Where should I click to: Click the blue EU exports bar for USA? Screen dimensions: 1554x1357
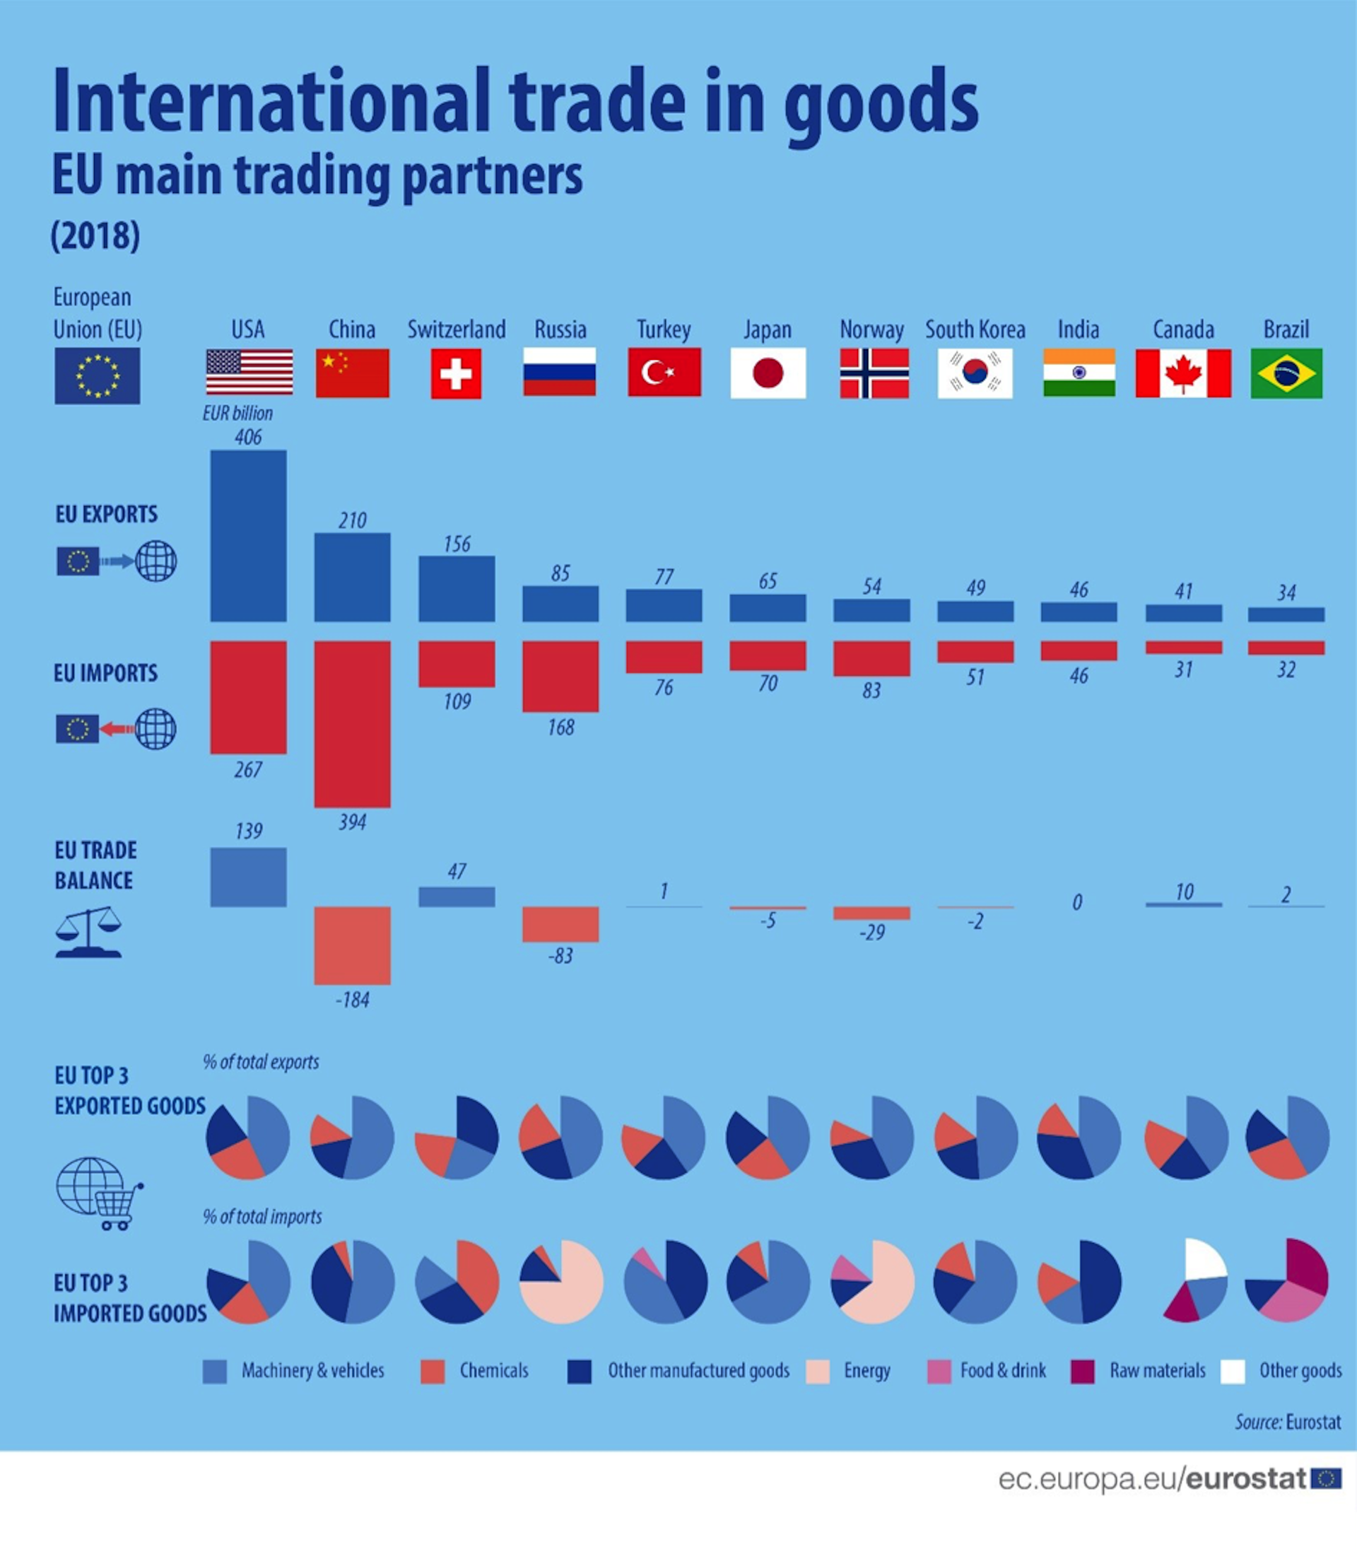tap(248, 535)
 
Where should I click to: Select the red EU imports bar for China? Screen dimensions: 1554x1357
tap(352, 723)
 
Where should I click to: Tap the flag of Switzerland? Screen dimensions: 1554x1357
tap(456, 373)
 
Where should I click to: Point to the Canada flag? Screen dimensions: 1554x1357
tap(1183, 373)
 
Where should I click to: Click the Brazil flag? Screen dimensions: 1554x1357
tap(1286, 373)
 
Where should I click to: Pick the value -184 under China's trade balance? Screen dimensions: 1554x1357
tap(352, 1000)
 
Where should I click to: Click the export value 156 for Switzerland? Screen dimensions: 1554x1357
tap(457, 544)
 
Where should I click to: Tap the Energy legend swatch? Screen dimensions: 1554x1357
tap(818, 1372)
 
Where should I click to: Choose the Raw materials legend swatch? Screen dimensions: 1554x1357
tap(1082, 1372)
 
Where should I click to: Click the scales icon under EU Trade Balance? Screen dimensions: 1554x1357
tap(88, 933)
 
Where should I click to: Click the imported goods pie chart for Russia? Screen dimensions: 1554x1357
tap(561, 1281)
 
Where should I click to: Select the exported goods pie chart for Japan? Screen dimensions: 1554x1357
tap(768, 1137)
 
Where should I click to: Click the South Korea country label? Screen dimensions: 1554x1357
tap(975, 329)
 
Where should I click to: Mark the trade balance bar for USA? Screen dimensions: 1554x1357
tap(248, 876)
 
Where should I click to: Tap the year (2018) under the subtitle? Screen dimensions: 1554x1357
tap(95, 235)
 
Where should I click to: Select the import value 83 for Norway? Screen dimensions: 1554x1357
tap(871, 690)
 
